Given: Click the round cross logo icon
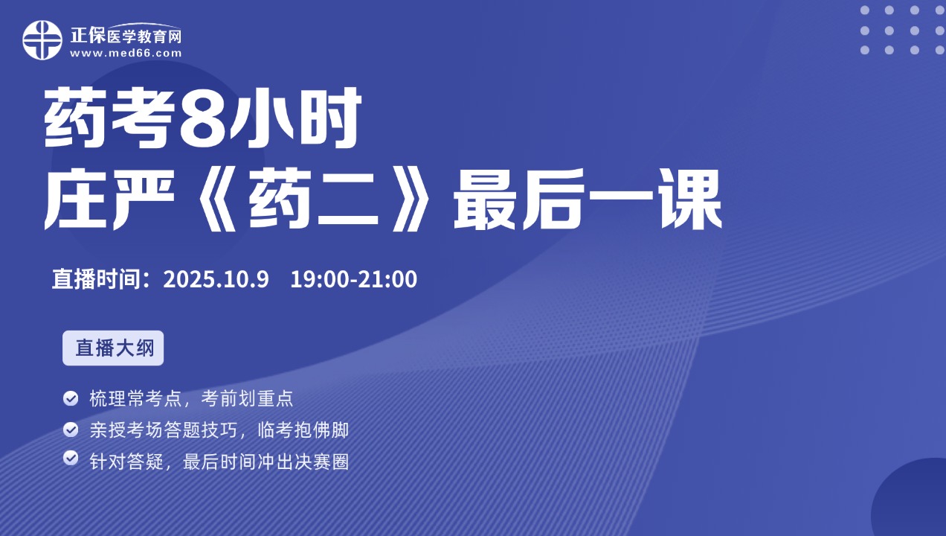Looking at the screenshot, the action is click(x=42, y=40).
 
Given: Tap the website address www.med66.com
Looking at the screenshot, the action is click(x=126, y=54).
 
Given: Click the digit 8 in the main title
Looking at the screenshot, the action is click(x=203, y=117).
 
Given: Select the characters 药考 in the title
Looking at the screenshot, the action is click(x=110, y=117).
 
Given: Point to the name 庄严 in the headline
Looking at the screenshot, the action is click(x=110, y=199).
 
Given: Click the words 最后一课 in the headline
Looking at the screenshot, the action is click(x=588, y=199).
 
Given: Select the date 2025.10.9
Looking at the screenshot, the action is click(x=216, y=279).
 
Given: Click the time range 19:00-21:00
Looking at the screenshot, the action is click(x=354, y=279).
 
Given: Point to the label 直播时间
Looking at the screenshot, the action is click(x=96, y=279).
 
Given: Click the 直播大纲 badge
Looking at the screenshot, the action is click(x=113, y=348).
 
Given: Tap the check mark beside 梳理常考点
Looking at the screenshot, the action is click(x=71, y=398).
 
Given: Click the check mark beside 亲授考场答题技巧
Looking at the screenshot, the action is click(x=71, y=430).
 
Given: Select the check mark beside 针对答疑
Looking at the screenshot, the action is click(x=71, y=459).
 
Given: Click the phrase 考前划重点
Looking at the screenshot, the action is click(x=247, y=398).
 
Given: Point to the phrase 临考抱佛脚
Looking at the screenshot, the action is click(x=303, y=430).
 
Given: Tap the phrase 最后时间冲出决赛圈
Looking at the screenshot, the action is click(x=266, y=462).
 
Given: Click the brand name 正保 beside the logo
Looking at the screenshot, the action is click(x=88, y=35).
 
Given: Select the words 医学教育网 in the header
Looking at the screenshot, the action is click(x=144, y=36).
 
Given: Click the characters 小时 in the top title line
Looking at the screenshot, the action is click(x=296, y=117).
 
